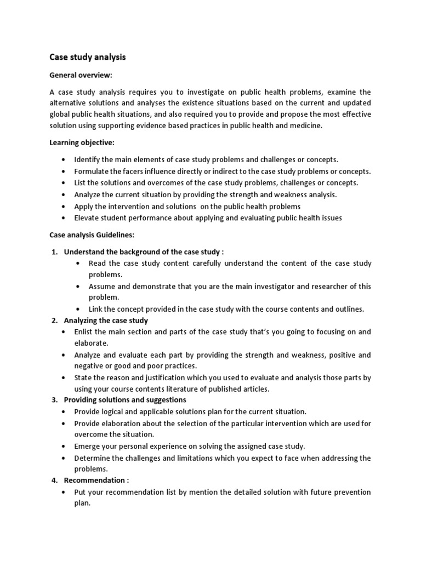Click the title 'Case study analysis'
click(x=88, y=56)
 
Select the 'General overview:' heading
click(x=80, y=75)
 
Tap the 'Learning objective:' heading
click(x=82, y=142)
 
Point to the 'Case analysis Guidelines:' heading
click(x=92, y=234)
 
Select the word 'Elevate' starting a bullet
click(x=88, y=217)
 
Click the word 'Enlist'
click(x=85, y=331)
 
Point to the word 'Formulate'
click(x=92, y=171)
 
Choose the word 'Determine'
click(x=92, y=457)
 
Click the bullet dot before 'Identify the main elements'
click(x=64, y=159)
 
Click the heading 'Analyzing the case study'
click(x=106, y=320)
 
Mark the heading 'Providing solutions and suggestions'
click(x=125, y=399)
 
